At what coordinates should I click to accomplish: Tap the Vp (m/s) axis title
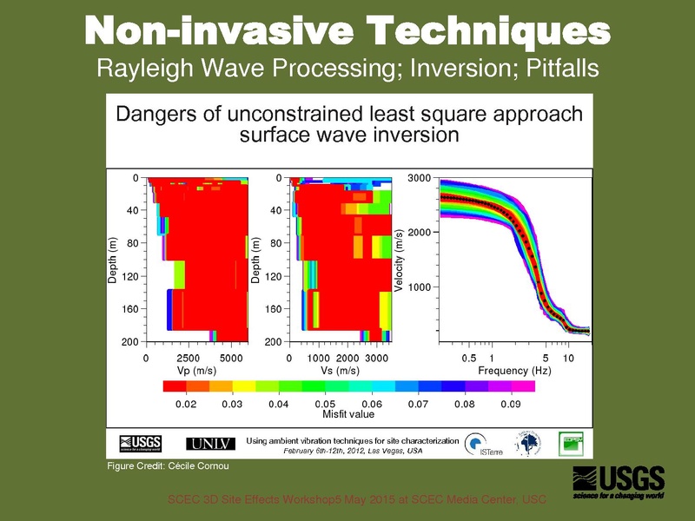195,370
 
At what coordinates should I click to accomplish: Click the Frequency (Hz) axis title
514,370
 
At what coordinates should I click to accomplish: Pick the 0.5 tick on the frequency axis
469,357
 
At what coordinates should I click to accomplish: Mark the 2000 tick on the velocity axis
419,233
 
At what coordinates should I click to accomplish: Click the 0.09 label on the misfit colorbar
511,404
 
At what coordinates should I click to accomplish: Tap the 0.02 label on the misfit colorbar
185,404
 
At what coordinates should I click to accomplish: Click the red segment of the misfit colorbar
174,386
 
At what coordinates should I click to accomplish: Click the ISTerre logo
476,444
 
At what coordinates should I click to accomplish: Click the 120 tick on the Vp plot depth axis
129,277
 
